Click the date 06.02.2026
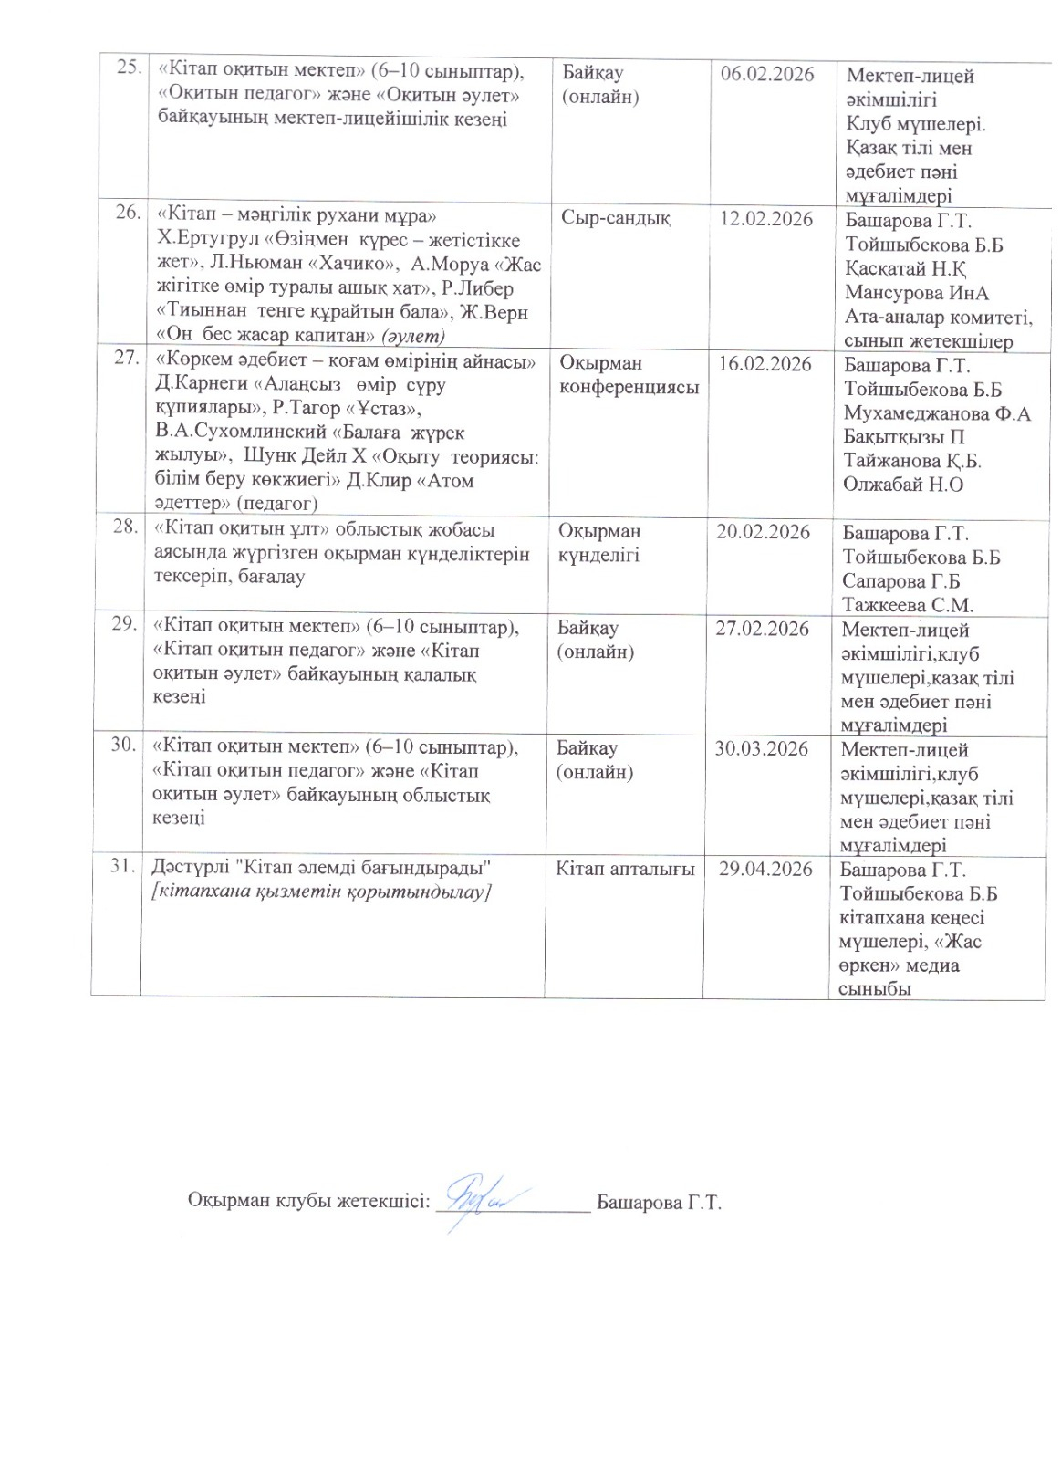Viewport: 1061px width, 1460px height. click(x=766, y=74)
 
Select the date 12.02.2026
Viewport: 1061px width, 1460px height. click(x=766, y=219)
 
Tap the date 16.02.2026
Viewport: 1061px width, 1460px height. click(x=765, y=364)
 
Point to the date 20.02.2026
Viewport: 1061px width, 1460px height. click(x=763, y=532)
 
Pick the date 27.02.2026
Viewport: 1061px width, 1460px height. click(x=762, y=629)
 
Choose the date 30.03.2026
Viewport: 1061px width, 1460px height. click(x=761, y=748)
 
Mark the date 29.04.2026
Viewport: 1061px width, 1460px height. click(x=765, y=869)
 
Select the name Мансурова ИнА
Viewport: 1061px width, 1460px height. click(x=917, y=293)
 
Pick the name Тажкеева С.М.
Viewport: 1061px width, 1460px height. click(x=908, y=604)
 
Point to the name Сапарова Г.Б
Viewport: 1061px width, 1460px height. click(x=901, y=580)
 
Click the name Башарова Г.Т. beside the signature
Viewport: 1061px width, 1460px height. click(x=659, y=1202)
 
